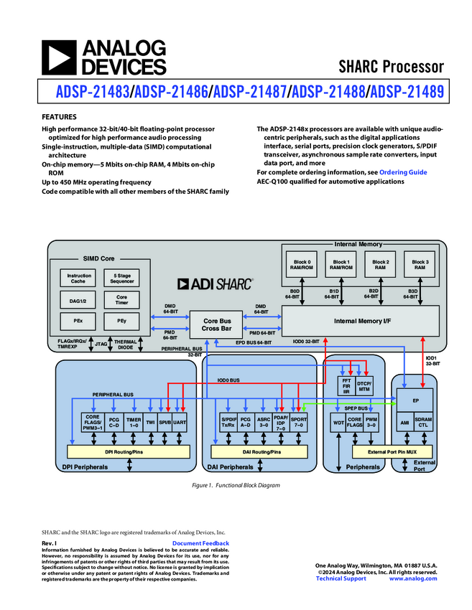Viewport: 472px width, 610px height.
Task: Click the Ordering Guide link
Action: click(402, 172)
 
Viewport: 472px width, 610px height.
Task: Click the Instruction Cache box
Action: click(79, 278)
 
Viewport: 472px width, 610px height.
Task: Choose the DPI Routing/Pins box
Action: click(128, 451)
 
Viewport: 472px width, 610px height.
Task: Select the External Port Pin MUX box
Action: click(392, 451)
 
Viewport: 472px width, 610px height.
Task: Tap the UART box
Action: click(180, 423)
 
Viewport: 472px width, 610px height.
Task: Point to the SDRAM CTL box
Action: click(423, 423)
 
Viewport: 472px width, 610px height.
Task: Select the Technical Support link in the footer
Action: click(341, 578)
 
